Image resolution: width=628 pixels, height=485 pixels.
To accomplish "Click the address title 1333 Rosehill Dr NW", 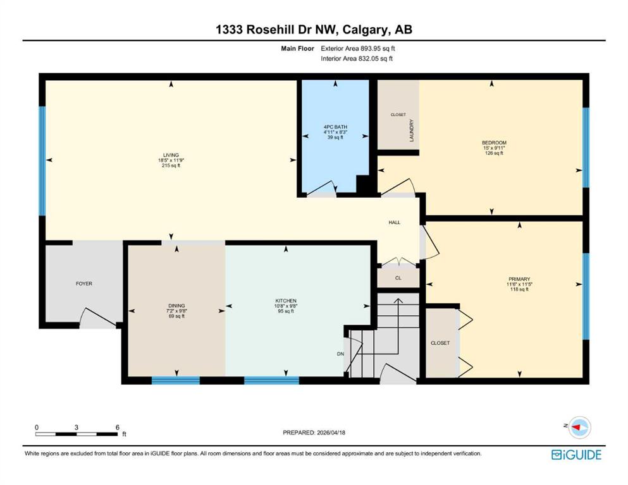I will pyautogui.click(x=313, y=30).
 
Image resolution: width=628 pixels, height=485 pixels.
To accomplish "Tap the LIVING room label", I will pyautogui.click(x=170, y=155).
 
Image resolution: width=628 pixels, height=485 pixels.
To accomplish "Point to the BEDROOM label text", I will pyautogui.click(x=494, y=143).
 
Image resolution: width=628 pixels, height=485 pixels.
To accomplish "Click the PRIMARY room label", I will pyautogui.click(x=519, y=278).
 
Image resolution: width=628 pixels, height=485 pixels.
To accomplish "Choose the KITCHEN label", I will pyautogui.click(x=286, y=301).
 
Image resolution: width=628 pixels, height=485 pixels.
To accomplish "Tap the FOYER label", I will pyautogui.click(x=84, y=284).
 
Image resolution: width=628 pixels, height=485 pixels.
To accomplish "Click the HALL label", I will pyautogui.click(x=394, y=222).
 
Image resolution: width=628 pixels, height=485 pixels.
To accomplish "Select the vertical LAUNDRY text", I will pyautogui.click(x=411, y=130).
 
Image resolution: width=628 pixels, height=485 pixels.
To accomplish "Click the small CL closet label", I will pyautogui.click(x=398, y=277).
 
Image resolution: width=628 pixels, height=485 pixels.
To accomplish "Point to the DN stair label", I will pyautogui.click(x=340, y=354).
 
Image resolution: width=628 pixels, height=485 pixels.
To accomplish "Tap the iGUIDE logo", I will pyautogui.click(x=576, y=454).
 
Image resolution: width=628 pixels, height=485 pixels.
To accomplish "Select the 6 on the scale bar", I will pyautogui.click(x=117, y=427).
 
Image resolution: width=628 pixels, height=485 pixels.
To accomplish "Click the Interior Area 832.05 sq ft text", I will pyautogui.click(x=357, y=58).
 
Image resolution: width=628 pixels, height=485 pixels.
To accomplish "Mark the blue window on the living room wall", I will pyautogui.click(x=42, y=160).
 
